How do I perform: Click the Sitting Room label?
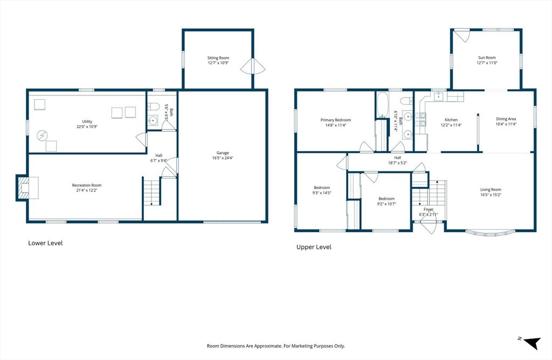(218, 58)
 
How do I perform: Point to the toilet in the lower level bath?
(152, 106)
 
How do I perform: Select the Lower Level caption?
(45, 243)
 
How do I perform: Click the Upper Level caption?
(314, 247)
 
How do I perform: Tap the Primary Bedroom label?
(335, 120)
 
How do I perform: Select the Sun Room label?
(486, 58)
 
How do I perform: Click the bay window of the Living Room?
(490, 233)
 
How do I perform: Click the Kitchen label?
(451, 120)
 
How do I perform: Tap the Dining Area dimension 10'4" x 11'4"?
(506, 124)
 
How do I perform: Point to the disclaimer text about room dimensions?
(276, 346)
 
